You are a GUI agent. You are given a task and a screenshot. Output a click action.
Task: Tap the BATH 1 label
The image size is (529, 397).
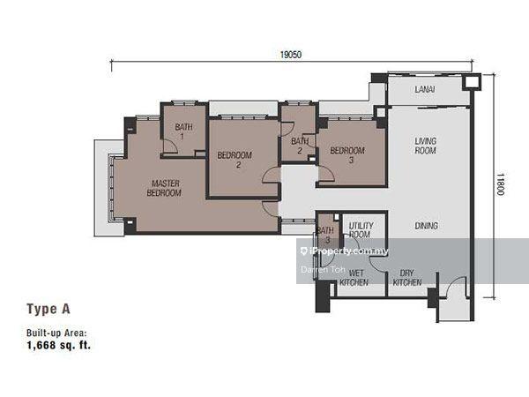click(184, 131)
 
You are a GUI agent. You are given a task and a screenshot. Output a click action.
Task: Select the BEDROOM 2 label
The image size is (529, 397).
click(235, 160)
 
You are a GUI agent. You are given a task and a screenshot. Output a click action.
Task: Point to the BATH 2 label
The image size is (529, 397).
click(300, 146)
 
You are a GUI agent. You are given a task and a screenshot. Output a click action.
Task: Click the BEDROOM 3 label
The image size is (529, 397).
click(347, 155)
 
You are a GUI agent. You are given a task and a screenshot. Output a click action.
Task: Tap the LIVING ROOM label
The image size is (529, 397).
click(426, 146)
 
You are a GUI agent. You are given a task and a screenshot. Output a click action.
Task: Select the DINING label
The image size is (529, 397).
click(426, 226)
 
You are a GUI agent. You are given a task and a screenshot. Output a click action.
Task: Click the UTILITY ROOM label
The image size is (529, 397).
click(361, 230)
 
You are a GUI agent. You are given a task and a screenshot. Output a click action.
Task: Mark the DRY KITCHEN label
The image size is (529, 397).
click(406, 278)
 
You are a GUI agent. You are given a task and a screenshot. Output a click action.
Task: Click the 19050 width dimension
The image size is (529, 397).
click(290, 55)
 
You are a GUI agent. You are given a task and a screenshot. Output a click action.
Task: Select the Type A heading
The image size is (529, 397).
click(48, 309)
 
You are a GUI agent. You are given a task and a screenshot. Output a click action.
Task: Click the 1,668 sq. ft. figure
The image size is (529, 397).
click(59, 346)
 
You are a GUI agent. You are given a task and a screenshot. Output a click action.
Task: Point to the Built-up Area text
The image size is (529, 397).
click(57, 333)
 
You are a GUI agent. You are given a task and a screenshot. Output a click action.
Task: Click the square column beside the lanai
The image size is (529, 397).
click(472, 83)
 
